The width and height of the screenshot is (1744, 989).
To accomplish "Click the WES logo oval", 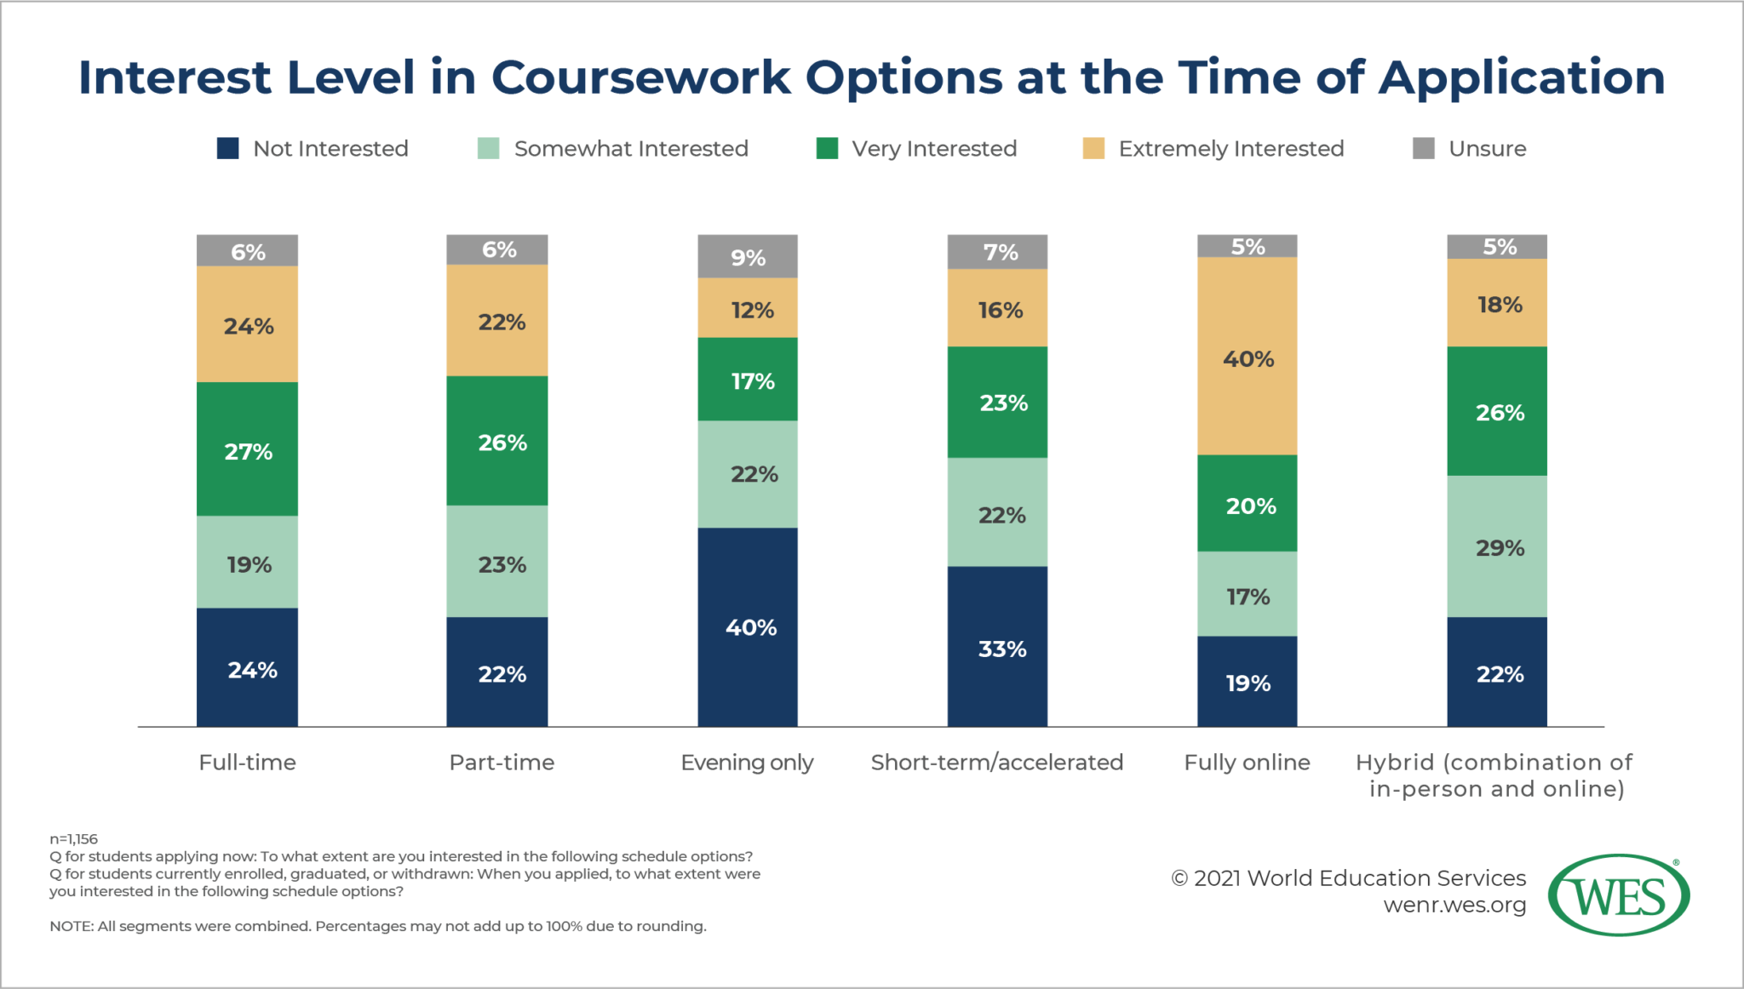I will click(1618, 895).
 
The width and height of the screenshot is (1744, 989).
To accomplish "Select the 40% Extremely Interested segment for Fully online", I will click(1248, 357).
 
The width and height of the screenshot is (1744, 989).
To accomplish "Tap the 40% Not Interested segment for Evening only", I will click(748, 627).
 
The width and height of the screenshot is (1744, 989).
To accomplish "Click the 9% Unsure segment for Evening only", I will click(748, 256).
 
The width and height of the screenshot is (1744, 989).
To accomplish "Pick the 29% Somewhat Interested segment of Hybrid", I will click(1497, 546).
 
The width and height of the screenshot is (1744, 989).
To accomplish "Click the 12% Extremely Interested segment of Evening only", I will click(748, 308).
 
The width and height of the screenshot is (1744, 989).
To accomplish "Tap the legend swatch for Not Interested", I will click(227, 148).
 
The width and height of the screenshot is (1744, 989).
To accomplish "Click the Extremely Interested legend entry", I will click(1231, 148).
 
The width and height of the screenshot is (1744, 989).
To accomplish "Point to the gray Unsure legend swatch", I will click(1423, 148).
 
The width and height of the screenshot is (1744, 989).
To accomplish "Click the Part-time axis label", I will click(502, 763).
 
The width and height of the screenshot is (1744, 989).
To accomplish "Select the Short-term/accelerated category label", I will click(997, 763).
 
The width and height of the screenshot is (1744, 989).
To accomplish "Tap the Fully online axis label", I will click(1248, 763).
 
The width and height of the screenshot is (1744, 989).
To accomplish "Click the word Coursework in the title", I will click(640, 77).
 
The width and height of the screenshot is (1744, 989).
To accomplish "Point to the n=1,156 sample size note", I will click(74, 839).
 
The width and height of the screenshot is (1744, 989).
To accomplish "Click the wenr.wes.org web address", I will click(1454, 905).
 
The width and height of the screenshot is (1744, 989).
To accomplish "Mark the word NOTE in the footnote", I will click(72, 926).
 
